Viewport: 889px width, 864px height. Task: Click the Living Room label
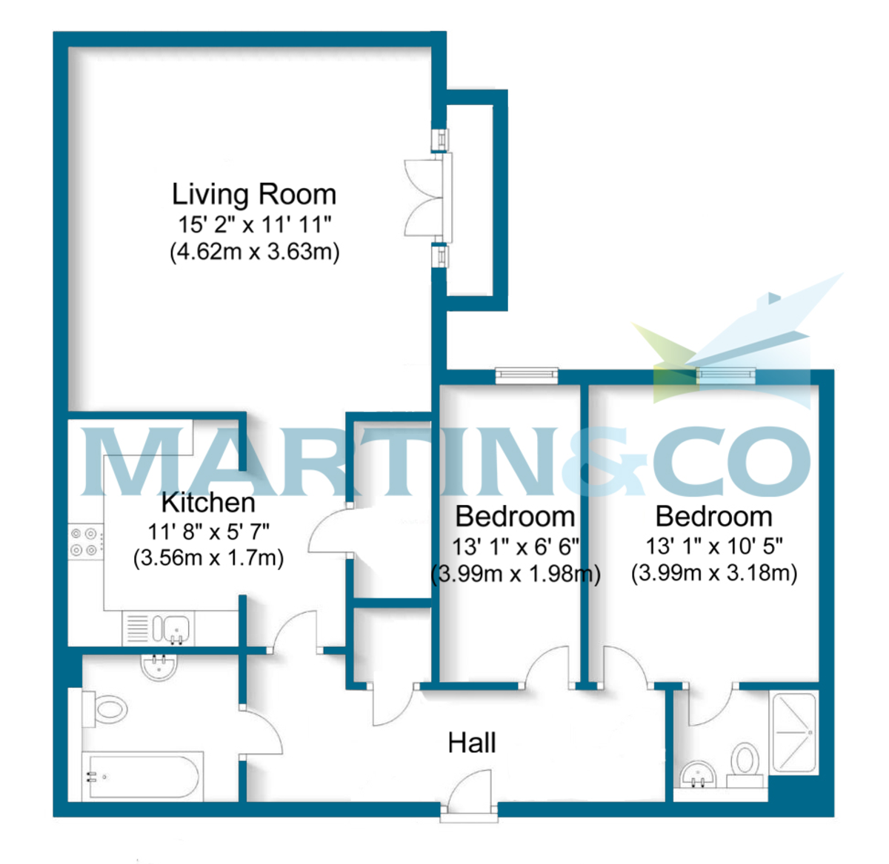pyautogui.click(x=254, y=195)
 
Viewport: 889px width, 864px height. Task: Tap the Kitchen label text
pyautogui.click(x=208, y=503)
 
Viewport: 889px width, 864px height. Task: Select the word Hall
pyautogui.click(x=472, y=743)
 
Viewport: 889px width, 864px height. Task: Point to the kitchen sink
pyautogui.click(x=172, y=629)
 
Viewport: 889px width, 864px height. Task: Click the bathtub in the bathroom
pyautogui.click(x=141, y=777)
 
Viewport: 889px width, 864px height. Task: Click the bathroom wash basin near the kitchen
pyautogui.click(x=159, y=668)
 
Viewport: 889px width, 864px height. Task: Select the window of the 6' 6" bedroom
pyautogui.click(x=526, y=375)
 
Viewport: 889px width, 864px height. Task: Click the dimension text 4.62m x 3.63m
pyautogui.click(x=254, y=252)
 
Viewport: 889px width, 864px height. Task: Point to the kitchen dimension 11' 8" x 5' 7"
pyautogui.click(x=208, y=532)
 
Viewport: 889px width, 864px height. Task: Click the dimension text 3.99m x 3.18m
pyautogui.click(x=714, y=573)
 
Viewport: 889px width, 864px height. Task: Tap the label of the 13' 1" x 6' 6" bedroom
pyautogui.click(x=515, y=517)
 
